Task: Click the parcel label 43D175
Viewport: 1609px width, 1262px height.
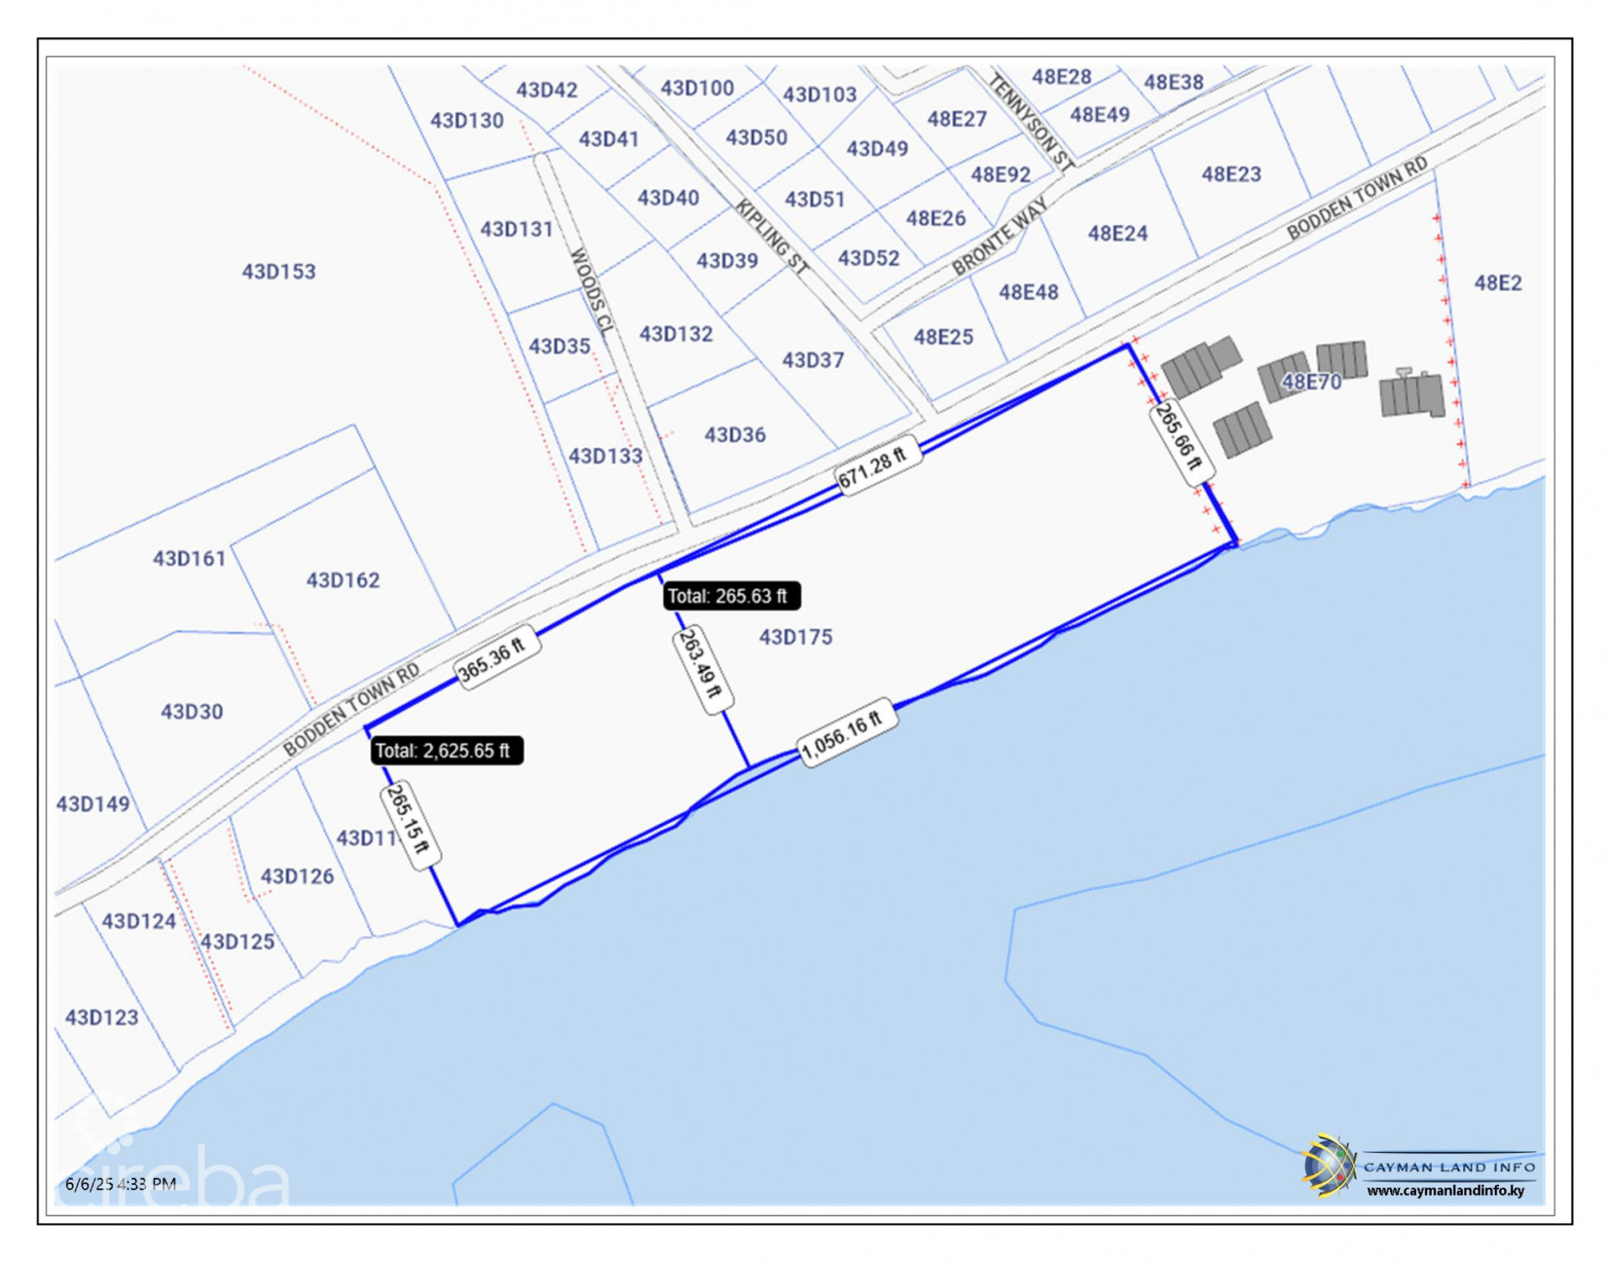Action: (795, 637)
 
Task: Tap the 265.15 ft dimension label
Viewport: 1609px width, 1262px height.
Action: (409, 823)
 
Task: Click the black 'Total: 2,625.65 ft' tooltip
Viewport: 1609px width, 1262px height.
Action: (446, 750)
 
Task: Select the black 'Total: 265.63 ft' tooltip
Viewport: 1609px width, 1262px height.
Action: (730, 596)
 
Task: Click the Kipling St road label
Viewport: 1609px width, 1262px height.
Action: (772, 236)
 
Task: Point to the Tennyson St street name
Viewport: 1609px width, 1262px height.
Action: (1031, 121)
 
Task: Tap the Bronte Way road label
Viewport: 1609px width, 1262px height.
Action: (999, 235)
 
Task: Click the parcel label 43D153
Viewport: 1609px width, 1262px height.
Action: (279, 272)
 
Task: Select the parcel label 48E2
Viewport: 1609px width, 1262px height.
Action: (1497, 283)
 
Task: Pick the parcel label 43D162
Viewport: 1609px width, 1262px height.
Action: (343, 580)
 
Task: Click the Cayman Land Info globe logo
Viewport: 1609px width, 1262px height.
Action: (1327, 1166)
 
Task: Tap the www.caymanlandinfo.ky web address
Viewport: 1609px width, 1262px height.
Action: (1445, 1191)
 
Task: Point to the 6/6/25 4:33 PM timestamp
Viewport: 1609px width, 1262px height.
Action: (120, 1183)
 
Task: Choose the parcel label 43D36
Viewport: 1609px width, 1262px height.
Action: (734, 435)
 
